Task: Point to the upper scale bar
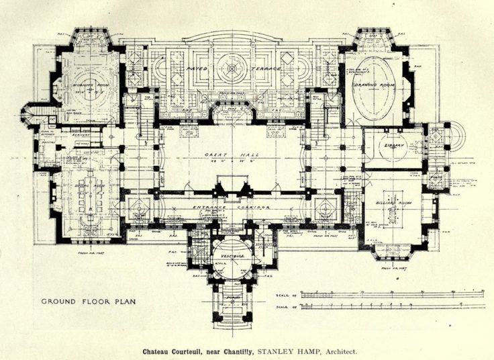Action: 393,294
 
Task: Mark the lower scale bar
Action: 393,306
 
